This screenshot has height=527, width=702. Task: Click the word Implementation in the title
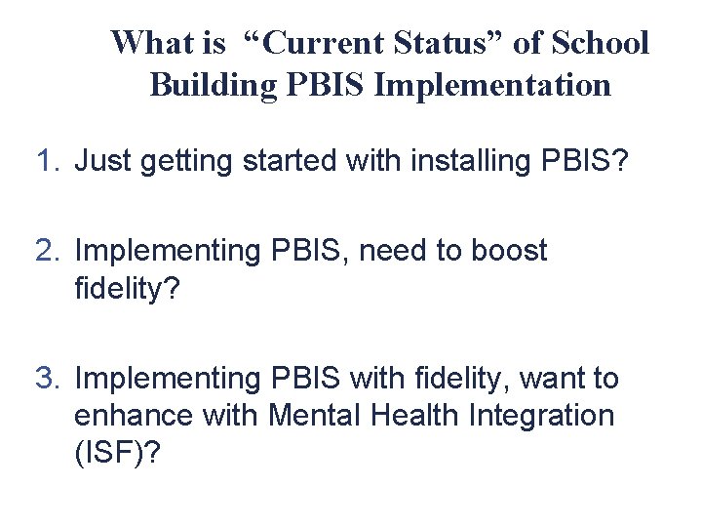(492, 85)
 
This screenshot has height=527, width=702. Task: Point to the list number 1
(48, 160)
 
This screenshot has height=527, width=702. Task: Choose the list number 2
(48, 251)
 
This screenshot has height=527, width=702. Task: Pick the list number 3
(48, 378)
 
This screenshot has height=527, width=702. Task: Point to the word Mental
(314, 415)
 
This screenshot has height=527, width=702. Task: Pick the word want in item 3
(550, 378)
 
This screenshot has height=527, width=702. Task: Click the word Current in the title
(326, 43)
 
